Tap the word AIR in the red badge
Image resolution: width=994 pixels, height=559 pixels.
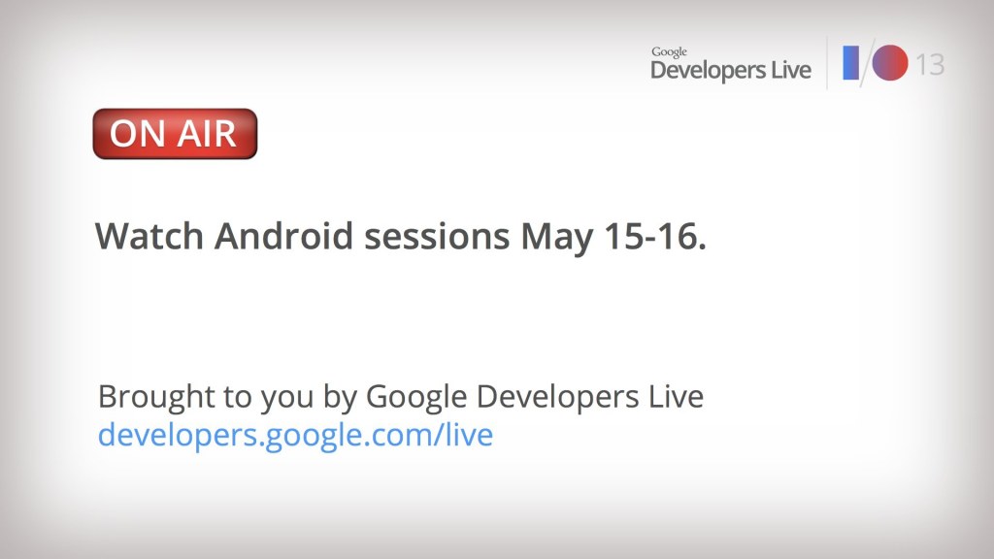pyautogui.click(x=207, y=134)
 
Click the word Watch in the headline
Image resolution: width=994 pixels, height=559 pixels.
pyautogui.click(x=149, y=236)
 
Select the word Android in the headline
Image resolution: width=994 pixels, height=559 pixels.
pyautogui.click(x=282, y=236)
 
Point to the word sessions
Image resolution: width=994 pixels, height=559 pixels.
pyautogui.click(x=437, y=237)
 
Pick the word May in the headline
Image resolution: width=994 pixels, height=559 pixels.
pyautogui.click(x=557, y=239)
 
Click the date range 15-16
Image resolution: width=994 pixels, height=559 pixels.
pyautogui.click(x=655, y=236)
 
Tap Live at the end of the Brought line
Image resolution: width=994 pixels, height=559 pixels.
pyautogui.click(x=676, y=396)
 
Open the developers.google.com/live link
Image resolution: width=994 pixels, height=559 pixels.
pyautogui.click(x=295, y=436)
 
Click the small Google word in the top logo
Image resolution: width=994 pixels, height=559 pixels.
pyautogui.click(x=669, y=52)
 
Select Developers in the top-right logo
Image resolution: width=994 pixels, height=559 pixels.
pyautogui.click(x=708, y=70)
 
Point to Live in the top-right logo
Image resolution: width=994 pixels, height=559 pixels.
pyautogui.click(x=791, y=70)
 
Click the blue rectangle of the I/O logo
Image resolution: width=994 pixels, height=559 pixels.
pyautogui.click(x=850, y=63)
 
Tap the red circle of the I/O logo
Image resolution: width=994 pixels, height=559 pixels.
pyautogui.click(x=890, y=63)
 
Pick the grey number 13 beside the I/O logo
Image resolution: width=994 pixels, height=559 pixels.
pyautogui.click(x=930, y=64)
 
